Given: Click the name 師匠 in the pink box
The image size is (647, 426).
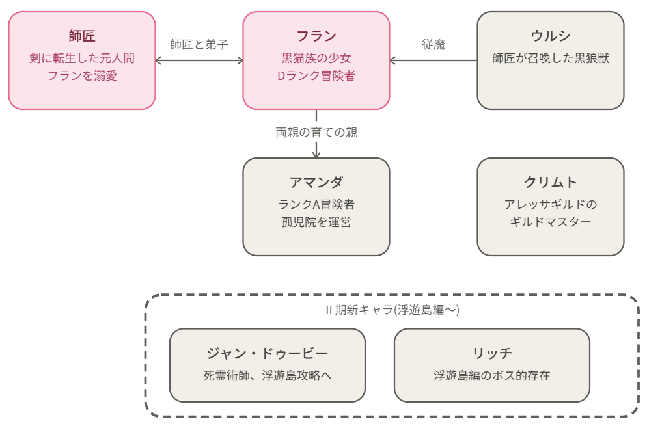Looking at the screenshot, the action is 82,36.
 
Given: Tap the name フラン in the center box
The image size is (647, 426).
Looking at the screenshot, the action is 316,36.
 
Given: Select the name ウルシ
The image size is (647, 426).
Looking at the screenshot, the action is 551,36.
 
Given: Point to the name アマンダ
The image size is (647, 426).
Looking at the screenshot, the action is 316,182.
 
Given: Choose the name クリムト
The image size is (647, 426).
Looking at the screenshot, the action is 551,182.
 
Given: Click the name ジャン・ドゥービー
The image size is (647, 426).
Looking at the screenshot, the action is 268,353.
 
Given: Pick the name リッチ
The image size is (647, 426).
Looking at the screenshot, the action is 492,353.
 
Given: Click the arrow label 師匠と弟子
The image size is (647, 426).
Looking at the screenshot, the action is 199,44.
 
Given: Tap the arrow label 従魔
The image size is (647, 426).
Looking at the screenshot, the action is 434,44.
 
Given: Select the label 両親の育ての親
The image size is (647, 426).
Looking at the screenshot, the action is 316,133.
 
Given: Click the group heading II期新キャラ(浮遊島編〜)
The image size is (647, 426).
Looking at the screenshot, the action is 392,310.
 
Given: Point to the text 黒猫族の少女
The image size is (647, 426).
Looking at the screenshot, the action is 316,58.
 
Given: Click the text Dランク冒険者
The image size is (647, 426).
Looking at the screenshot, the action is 316,76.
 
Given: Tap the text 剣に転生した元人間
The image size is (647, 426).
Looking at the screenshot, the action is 82,58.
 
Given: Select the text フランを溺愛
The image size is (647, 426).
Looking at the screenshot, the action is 82,76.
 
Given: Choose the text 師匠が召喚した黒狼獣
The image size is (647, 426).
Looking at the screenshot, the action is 551,58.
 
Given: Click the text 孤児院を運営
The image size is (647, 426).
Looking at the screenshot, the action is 316,222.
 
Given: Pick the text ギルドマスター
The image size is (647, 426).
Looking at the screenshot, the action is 551,222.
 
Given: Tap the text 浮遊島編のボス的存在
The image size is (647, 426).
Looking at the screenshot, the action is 492,375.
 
